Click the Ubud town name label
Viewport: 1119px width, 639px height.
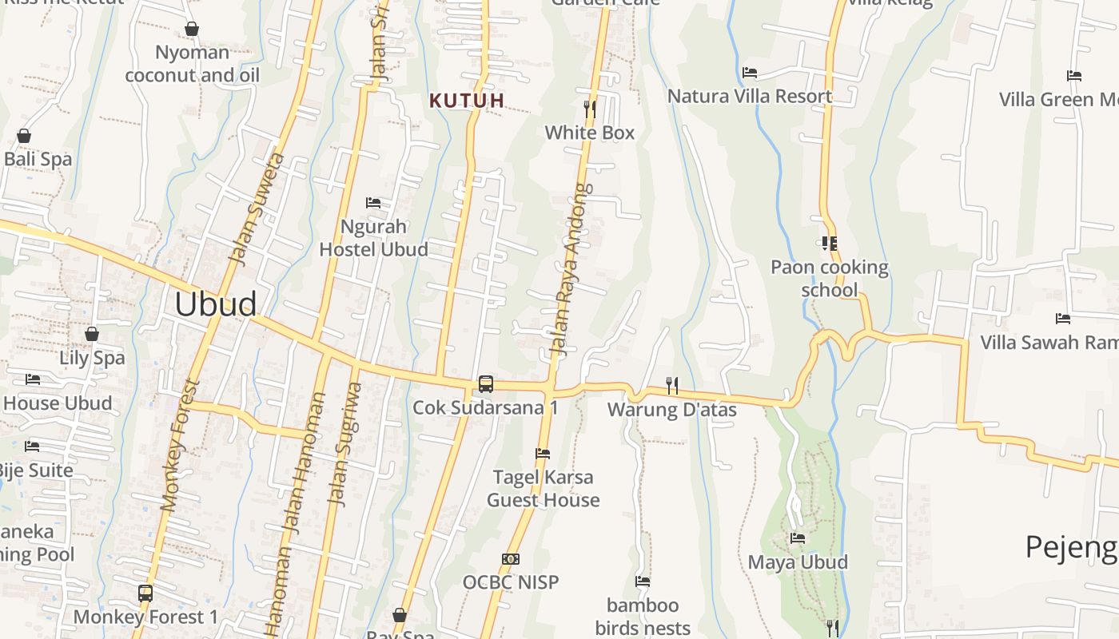point(216,304)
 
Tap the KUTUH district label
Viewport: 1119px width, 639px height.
point(468,101)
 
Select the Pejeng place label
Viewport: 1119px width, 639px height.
point(1071,548)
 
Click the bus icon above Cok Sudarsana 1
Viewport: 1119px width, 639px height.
point(485,384)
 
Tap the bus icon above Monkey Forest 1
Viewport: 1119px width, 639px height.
point(145,593)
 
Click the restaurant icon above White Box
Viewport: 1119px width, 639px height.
point(590,108)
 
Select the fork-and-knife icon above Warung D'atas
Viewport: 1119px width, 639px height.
point(672,386)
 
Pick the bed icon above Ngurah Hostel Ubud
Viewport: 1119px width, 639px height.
point(373,203)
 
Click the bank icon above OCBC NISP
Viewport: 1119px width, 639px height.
point(511,559)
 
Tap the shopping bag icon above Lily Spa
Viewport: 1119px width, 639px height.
point(92,334)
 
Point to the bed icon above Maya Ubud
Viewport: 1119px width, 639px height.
point(798,538)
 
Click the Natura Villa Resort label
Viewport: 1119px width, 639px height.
point(750,97)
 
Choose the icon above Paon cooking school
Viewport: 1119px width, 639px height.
point(829,244)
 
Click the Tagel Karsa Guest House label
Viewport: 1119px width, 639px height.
point(544,489)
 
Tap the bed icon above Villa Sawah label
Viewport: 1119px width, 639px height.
point(1063,319)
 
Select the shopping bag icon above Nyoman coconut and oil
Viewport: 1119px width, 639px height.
point(192,30)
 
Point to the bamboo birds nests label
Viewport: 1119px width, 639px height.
point(643,617)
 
